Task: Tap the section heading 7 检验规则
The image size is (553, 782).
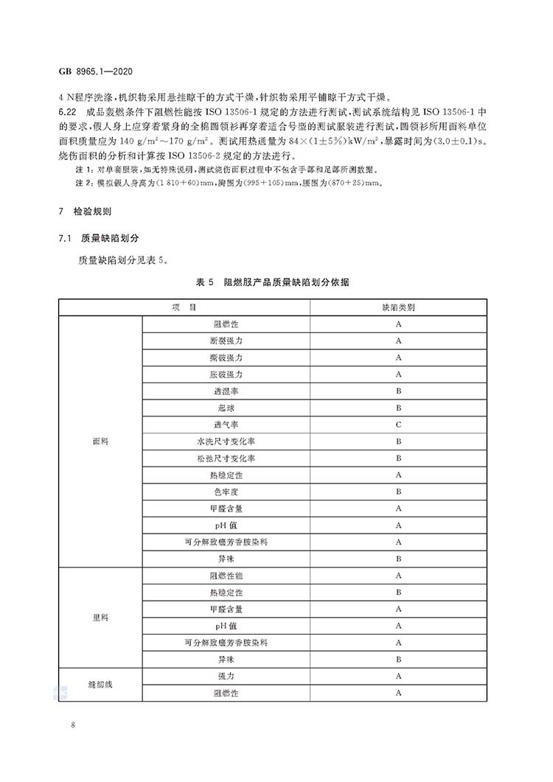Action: tap(85, 212)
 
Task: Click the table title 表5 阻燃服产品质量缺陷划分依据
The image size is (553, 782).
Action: tap(273, 282)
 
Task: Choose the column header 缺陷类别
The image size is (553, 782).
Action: tap(398, 307)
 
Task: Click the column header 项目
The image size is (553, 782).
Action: tap(184, 307)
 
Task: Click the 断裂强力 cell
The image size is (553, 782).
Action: tap(226, 341)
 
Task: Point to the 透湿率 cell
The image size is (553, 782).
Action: tap(226, 391)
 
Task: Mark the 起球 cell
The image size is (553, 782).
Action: tap(226, 408)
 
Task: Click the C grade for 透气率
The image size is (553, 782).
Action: tap(398, 425)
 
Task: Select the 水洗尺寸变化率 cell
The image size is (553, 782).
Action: tap(226, 441)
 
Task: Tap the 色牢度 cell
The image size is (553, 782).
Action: tap(226, 492)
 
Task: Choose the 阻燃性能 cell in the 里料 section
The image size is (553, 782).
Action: tap(226, 576)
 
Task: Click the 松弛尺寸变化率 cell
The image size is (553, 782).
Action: tap(226, 458)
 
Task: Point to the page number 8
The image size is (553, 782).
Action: tap(74, 727)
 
